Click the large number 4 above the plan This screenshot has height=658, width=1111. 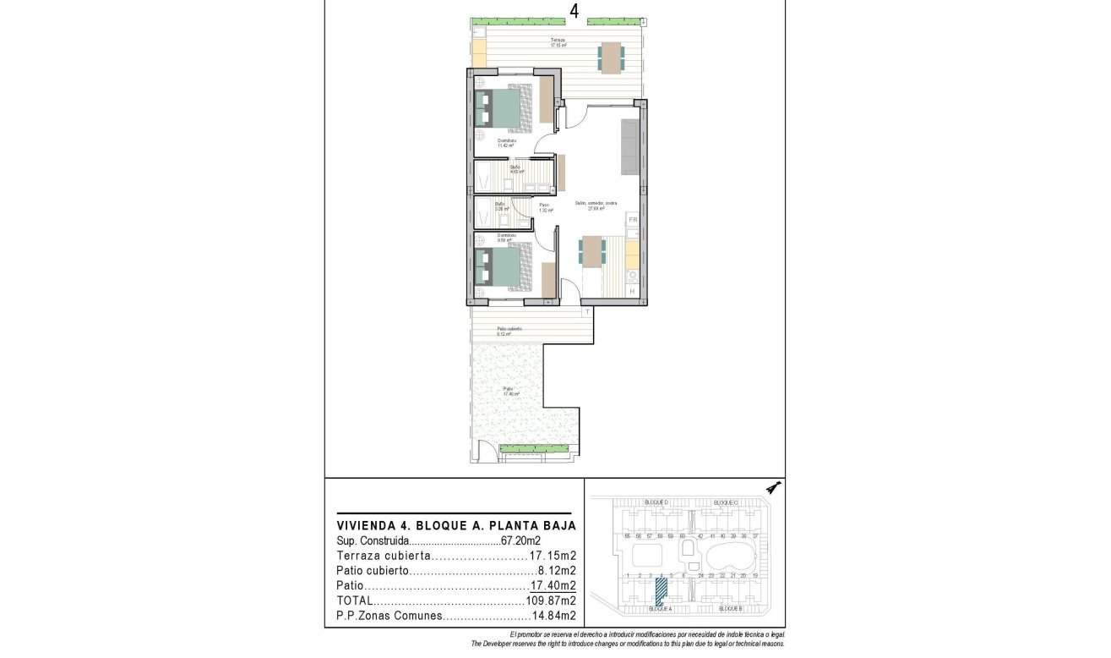click(x=575, y=11)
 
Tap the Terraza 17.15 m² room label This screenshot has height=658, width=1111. click(x=558, y=42)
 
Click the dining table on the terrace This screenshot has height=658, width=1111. click(x=612, y=58)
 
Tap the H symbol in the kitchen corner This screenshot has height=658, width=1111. click(x=632, y=292)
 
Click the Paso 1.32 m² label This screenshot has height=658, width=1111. click(x=545, y=207)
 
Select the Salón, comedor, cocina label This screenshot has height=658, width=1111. click(x=596, y=205)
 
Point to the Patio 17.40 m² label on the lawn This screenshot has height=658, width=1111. click(x=510, y=391)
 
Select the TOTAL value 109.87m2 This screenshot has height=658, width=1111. click(x=550, y=600)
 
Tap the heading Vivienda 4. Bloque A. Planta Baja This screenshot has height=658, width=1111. click(x=456, y=524)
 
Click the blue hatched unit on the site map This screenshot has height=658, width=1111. click(x=661, y=589)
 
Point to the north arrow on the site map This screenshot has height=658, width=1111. click(x=772, y=488)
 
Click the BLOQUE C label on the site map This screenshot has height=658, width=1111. click(x=726, y=503)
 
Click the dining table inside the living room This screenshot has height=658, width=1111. click(x=592, y=251)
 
